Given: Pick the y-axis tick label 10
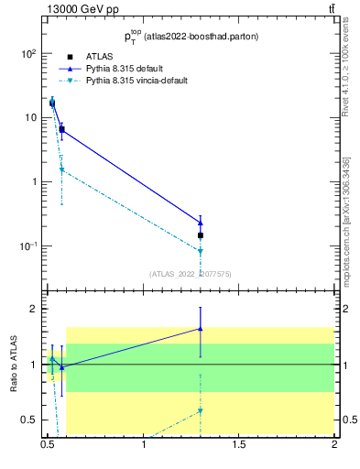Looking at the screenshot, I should pos(28,117).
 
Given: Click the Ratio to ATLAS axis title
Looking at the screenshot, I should pos(14,364).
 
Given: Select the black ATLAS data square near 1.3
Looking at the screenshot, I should pos(200,235).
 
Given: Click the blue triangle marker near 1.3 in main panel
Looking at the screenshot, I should pos(200,222).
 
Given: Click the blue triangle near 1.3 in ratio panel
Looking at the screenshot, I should pos(200,328).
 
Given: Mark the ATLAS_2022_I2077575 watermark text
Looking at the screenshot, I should pos(191,273).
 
